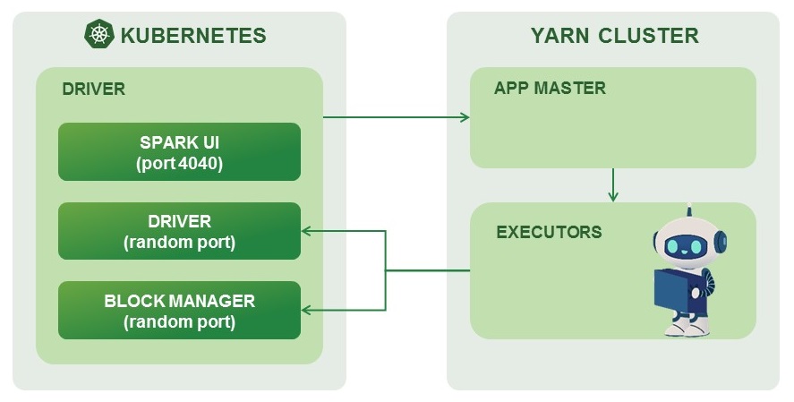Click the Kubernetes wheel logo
click(99, 35)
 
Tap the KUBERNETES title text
click(193, 36)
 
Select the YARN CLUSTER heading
click(614, 36)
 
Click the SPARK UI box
click(179, 151)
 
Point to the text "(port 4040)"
click(179, 163)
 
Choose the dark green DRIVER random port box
click(179, 231)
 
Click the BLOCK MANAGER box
click(179, 310)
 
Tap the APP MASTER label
click(550, 89)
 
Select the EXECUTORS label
click(549, 232)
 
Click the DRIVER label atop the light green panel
click(93, 90)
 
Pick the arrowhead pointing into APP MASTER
click(464, 116)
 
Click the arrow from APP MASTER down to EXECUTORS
click(613, 184)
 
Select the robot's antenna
click(688, 211)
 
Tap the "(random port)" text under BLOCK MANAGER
click(179, 322)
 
